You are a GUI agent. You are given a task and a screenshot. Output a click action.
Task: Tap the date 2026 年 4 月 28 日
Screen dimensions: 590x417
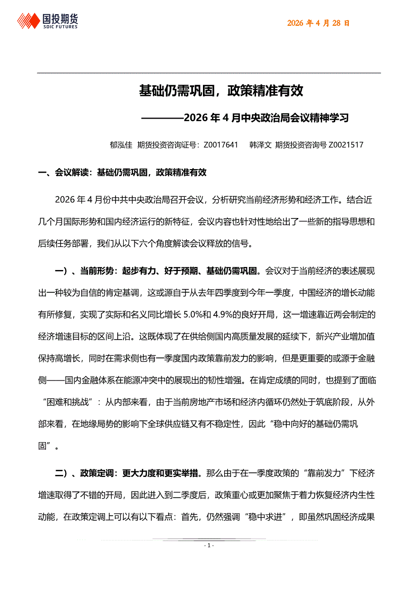[x=318, y=23]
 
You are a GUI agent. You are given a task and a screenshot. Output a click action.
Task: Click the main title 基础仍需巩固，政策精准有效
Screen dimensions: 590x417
[x=221, y=91]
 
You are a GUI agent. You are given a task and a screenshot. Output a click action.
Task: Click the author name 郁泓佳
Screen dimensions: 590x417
[x=121, y=145]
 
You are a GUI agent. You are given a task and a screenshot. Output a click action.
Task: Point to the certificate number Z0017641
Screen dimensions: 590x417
[x=221, y=145]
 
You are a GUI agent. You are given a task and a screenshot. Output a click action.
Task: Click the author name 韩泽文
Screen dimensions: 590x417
[x=260, y=145]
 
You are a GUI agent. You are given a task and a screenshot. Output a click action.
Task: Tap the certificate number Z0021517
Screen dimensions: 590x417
[x=346, y=145]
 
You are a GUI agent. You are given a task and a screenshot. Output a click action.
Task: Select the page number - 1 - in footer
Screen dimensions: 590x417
[x=209, y=546]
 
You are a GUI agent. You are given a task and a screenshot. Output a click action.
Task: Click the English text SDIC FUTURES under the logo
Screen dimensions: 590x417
[x=60, y=27]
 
